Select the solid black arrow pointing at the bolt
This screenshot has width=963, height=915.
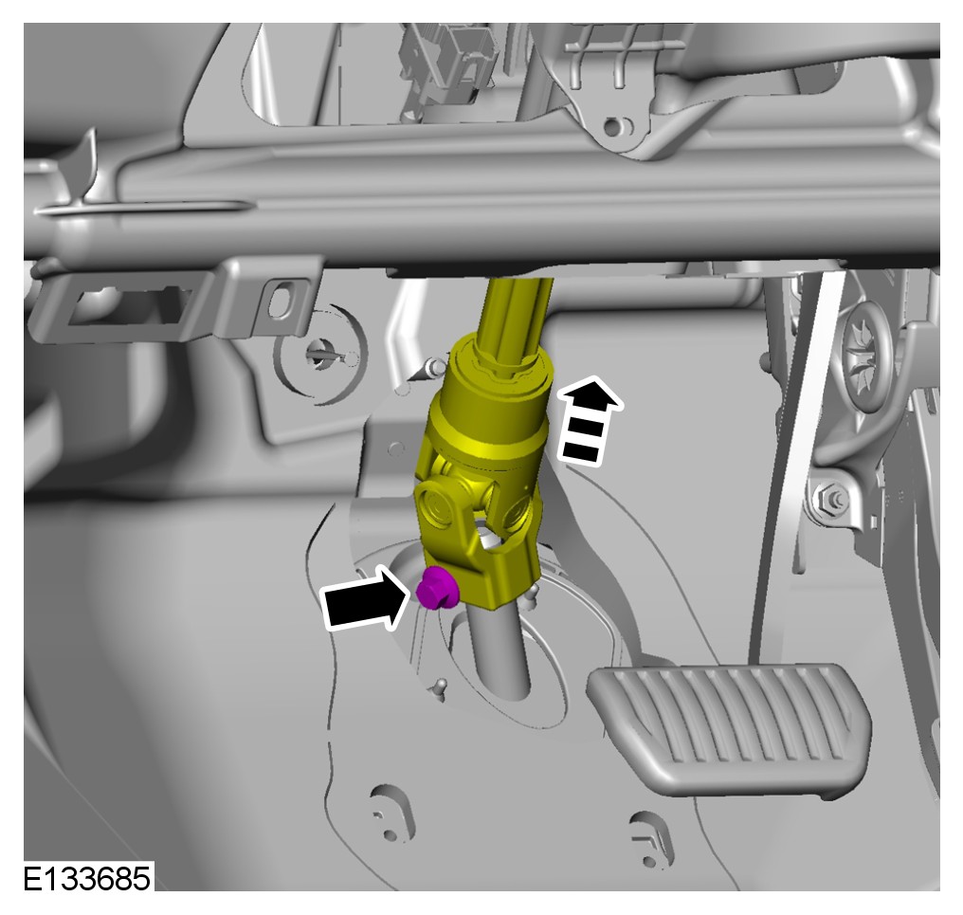[x=365, y=598]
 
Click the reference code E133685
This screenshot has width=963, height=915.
[x=87, y=878]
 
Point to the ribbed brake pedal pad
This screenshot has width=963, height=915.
[x=730, y=728]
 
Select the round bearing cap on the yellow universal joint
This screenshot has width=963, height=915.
[x=439, y=503]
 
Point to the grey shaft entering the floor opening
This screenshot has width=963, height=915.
[x=498, y=651]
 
